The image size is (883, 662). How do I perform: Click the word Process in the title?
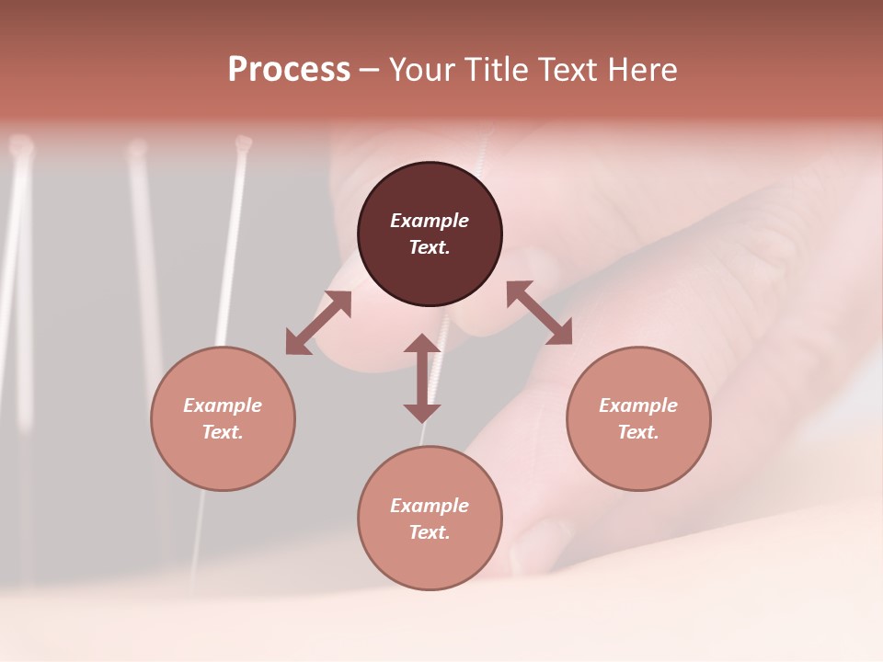coord(289,70)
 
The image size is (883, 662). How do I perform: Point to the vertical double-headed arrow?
coord(422,378)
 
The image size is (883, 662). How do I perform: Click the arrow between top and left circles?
coord(318,323)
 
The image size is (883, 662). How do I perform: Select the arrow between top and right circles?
coord(539,313)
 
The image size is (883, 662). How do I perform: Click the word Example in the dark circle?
coord(430,221)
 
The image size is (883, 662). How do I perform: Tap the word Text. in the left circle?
coord(223,432)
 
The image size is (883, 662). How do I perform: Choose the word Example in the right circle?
coord(638,405)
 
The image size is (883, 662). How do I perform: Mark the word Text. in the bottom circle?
coord(430,532)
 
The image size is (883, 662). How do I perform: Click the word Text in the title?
coord(567,70)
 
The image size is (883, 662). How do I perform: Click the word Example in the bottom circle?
coord(430,506)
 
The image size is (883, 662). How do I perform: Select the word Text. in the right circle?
coord(638,432)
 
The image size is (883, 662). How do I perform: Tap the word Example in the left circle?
coord(223,405)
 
